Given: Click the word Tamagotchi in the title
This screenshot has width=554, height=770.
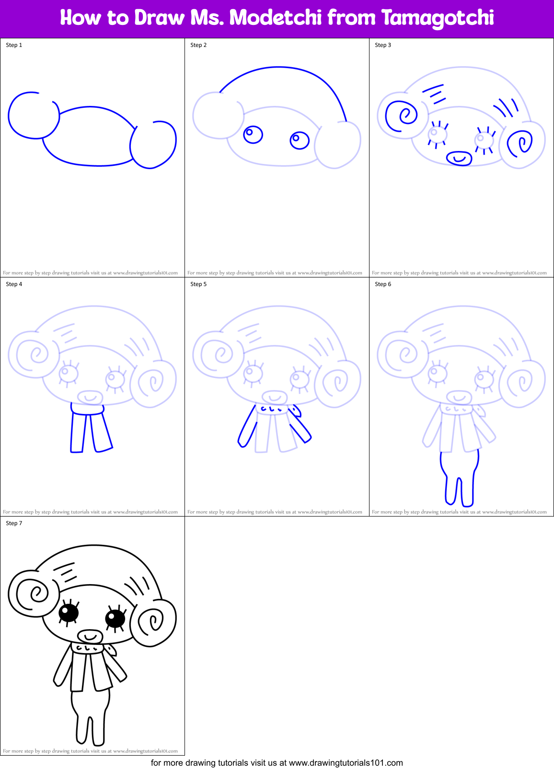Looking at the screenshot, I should point(438,18).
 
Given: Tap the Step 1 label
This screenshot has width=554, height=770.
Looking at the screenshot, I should point(14,45).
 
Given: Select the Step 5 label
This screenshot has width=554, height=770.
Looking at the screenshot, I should point(198,284).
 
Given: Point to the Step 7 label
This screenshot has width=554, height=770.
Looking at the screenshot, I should point(14,523).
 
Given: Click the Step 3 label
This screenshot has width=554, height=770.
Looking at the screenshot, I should point(383,45).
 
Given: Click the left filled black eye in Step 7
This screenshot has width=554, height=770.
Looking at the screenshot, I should point(69,612).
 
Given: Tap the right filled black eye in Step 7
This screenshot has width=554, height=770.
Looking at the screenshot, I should point(115,618).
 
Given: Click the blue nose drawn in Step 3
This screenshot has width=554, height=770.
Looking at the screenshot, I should point(459,158).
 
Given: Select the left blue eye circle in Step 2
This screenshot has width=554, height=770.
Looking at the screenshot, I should point(253,135).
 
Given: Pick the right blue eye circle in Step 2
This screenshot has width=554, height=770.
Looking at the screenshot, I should point(300,140).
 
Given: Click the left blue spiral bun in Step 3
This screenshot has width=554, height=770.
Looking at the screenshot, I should point(402,115).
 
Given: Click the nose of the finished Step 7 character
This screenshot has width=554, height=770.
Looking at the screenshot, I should point(90,636).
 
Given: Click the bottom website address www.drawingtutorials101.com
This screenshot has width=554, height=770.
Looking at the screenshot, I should point(346,763).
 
